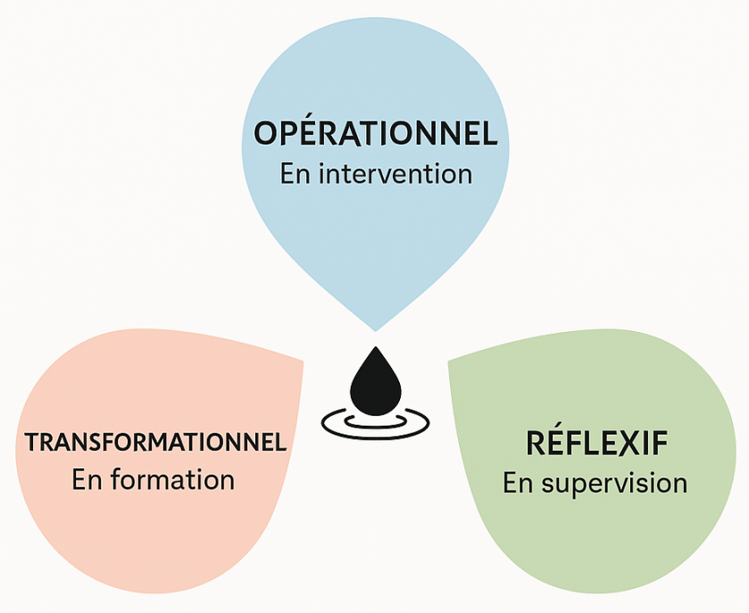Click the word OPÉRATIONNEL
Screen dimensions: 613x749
click(375, 134)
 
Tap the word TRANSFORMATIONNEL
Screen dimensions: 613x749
click(156, 442)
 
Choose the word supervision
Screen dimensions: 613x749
click(614, 483)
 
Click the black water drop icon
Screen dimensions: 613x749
click(375, 381)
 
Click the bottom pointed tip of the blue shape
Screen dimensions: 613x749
click(375, 329)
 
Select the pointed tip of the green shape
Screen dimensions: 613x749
click(448, 361)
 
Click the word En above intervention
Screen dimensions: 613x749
click(294, 173)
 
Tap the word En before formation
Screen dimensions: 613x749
click(87, 479)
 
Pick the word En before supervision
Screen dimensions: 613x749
click(517, 483)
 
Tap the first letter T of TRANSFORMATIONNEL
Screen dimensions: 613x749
click(32, 442)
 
